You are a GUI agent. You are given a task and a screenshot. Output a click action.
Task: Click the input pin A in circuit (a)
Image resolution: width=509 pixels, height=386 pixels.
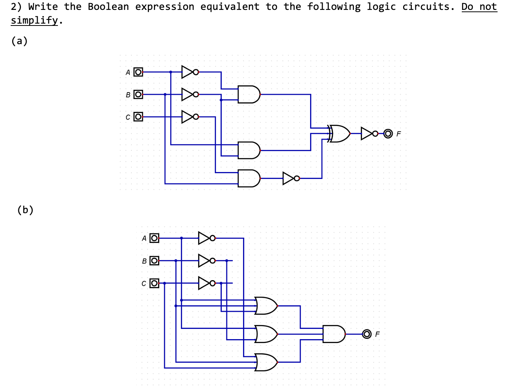point(138,72)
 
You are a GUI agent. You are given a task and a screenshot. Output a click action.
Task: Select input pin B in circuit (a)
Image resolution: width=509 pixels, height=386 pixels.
point(138,94)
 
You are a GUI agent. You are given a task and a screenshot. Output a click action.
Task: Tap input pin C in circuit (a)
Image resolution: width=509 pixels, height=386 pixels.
point(138,116)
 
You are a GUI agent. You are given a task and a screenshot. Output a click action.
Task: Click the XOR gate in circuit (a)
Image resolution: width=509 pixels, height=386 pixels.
point(339,133)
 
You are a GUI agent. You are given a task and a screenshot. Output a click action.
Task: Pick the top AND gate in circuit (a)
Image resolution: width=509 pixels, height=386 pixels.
point(248,94)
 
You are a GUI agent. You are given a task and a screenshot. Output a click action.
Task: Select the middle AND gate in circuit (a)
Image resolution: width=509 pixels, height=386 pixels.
point(248,150)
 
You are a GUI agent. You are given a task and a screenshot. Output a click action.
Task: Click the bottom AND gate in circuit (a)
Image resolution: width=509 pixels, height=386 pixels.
point(248,178)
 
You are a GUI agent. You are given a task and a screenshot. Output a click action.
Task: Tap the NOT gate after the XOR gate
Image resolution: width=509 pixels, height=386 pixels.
point(368,133)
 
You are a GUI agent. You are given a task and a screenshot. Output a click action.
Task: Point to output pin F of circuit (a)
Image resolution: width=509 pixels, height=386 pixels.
point(388,134)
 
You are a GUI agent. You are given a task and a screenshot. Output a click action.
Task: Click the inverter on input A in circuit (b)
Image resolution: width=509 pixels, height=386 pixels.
point(206,238)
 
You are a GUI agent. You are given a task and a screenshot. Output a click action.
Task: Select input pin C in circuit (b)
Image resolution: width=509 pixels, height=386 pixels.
point(154,283)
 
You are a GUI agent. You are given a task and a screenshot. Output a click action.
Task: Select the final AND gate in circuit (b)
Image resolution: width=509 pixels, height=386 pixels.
point(333,334)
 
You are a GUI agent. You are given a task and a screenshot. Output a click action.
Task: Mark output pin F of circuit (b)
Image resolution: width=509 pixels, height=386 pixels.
point(367,334)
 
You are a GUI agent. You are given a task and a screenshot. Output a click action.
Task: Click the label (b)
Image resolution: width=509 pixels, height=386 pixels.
point(25,210)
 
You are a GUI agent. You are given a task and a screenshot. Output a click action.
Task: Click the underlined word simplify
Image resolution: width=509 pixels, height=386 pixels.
point(34,20)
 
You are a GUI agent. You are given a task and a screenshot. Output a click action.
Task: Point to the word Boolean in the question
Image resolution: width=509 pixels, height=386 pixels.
point(108,7)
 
